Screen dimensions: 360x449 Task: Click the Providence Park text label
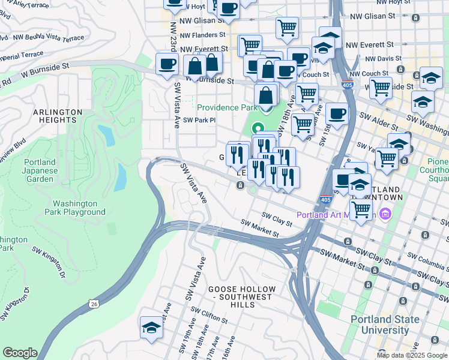click(x=227, y=106)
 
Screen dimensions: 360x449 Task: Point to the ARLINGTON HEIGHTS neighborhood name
click(x=58, y=116)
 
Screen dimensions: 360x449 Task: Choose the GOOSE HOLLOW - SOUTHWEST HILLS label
click(x=242, y=293)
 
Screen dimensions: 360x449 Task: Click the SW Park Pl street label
click(x=199, y=120)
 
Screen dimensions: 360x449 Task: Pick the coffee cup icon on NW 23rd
click(x=167, y=64)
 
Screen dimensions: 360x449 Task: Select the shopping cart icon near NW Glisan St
click(x=287, y=28)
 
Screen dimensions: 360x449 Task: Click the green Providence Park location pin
click(x=258, y=128)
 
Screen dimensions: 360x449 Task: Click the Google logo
click(x=20, y=353)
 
